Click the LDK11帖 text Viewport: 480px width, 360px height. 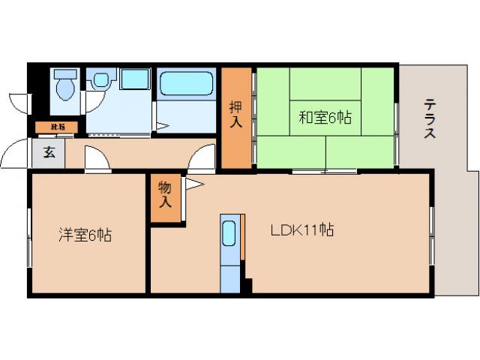point(302,230)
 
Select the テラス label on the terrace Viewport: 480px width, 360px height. point(430,119)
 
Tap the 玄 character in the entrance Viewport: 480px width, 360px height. point(49,154)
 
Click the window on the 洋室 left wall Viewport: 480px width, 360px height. point(29,236)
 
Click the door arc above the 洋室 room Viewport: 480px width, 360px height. point(97,160)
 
